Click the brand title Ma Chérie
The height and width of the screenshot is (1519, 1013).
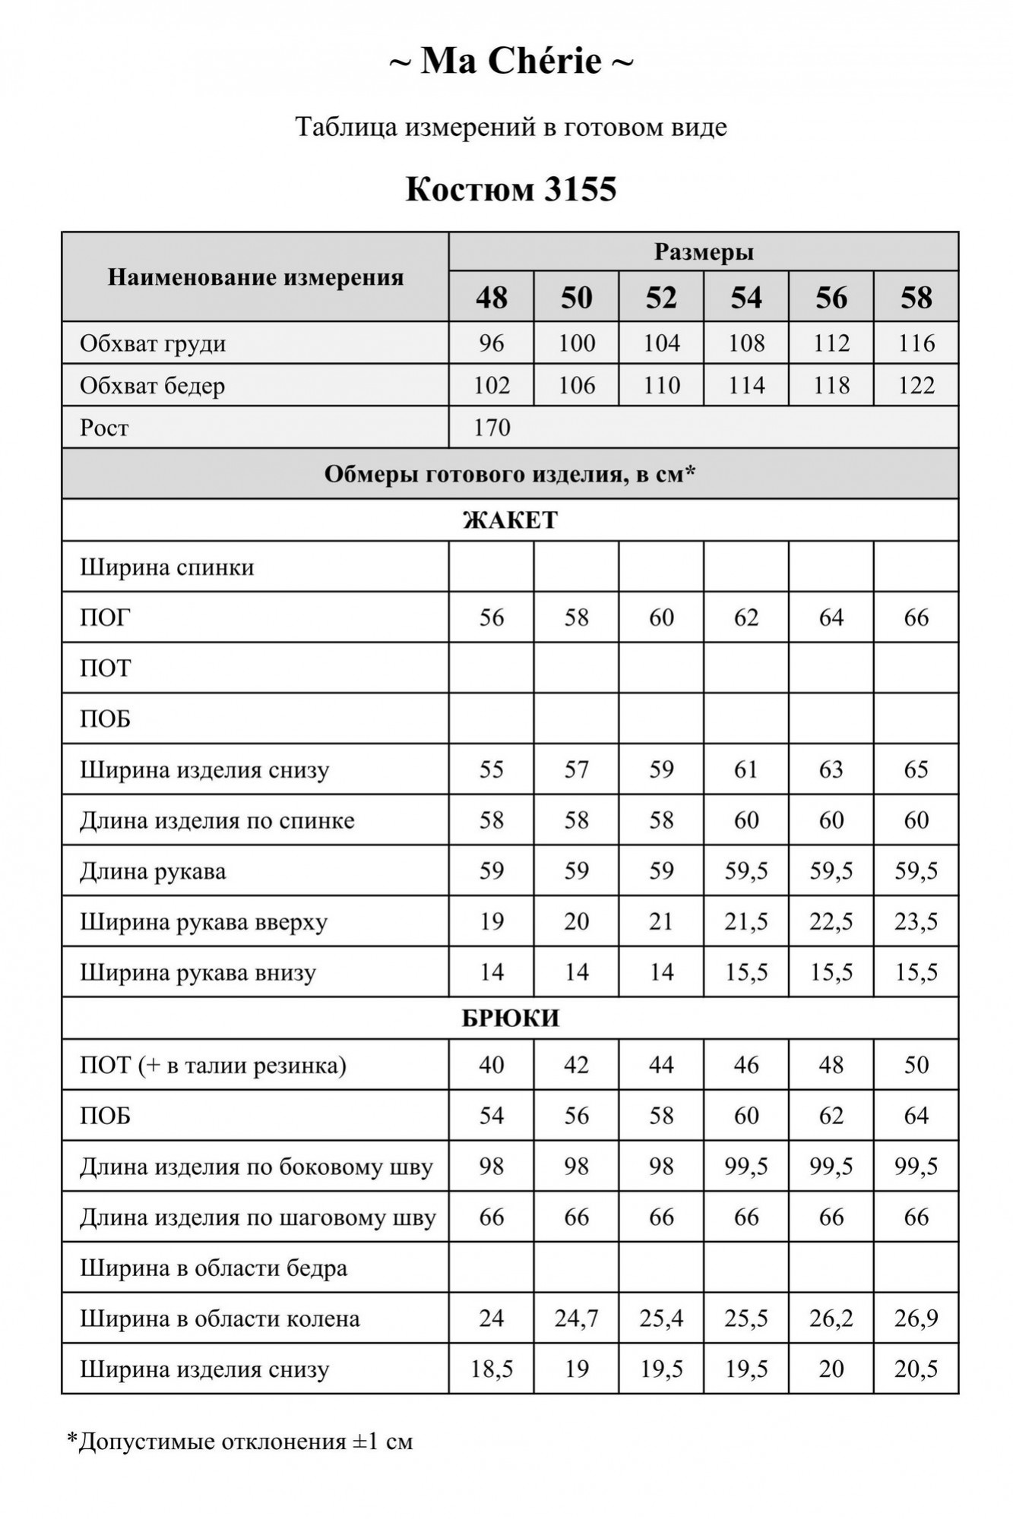(511, 61)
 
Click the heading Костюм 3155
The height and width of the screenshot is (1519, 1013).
(511, 189)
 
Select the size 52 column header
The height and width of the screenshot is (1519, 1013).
(661, 297)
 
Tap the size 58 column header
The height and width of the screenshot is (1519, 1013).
(916, 297)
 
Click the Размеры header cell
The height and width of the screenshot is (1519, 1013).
(704, 251)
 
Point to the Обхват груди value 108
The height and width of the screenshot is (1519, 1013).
(746, 343)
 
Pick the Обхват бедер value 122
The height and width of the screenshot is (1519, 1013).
(916, 386)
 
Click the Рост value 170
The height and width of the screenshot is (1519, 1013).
(492, 428)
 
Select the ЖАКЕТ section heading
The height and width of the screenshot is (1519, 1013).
(510, 520)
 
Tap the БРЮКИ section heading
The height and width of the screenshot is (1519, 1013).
(510, 1018)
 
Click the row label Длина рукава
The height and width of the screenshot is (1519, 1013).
(153, 871)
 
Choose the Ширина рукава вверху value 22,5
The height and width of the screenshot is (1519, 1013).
(831, 921)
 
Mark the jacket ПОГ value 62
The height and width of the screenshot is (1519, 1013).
(746, 617)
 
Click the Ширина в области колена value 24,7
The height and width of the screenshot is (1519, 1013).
(576, 1318)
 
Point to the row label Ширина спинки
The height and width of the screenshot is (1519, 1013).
(167, 567)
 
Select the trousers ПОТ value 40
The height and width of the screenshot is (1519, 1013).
(492, 1065)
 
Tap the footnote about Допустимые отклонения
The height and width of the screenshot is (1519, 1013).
(240, 1442)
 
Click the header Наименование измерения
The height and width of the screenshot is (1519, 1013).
(255, 277)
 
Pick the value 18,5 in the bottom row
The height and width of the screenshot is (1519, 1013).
(492, 1369)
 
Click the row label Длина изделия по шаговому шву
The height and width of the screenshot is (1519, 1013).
(258, 1217)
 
